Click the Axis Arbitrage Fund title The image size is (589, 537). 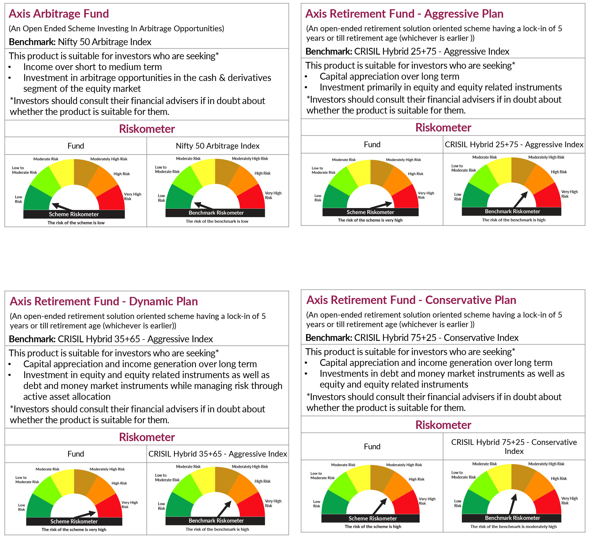(x=59, y=14)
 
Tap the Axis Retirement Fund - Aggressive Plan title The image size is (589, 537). (x=404, y=14)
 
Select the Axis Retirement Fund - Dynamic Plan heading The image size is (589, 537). (x=104, y=302)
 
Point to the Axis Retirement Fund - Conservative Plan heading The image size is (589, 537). (x=411, y=300)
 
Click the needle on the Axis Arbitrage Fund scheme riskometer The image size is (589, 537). (x=62, y=207)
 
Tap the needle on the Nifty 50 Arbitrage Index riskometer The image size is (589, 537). (x=204, y=206)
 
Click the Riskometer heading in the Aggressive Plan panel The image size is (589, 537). (x=443, y=128)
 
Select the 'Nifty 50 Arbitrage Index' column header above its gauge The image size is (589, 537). (x=217, y=146)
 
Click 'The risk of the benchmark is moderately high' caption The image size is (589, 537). (x=513, y=526)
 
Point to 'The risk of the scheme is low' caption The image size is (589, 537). (x=76, y=223)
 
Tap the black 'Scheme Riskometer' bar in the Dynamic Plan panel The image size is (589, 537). (x=74, y=522)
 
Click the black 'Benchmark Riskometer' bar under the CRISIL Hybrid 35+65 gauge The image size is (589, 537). (x=216, y=521)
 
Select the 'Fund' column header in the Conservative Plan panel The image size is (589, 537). (x=372, y=446)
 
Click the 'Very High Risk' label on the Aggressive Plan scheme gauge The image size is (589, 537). (x=426, y=195)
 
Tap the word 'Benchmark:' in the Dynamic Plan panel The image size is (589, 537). (x=32, y=339)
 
